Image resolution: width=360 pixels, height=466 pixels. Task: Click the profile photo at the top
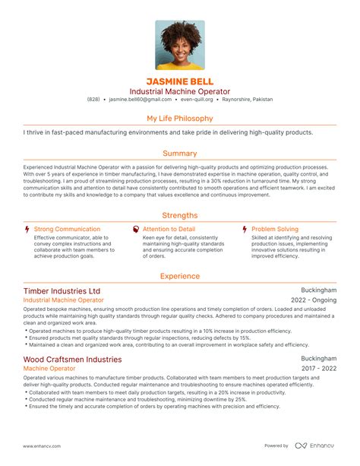click(x=180, y=45)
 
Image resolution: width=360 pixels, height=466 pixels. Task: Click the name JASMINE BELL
click(x=180, y=81)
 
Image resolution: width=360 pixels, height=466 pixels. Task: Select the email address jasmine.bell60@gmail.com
click(x=140, y=100)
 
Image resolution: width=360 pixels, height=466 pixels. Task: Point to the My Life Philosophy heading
click(x=180, y=119)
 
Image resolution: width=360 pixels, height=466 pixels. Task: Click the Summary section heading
click(x=180, y=153)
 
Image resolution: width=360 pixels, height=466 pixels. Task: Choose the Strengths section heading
click(x=180, y=215)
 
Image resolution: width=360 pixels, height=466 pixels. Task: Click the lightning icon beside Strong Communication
click(x=27, y=229)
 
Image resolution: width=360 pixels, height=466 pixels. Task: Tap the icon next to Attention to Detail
click(x=136, y=229)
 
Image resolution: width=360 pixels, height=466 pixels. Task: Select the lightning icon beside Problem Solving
click(x=244, y=229)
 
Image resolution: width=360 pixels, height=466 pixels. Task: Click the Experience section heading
click(x=180, y=277)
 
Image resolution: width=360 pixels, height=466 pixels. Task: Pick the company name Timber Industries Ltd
click(x=62, y=291)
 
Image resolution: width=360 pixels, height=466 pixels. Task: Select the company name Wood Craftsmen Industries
click(x=72, y=359)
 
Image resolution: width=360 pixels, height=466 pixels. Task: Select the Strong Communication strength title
click(x=67, y=229)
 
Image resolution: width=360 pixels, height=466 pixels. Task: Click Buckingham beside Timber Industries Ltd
click(x=319, y=290)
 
